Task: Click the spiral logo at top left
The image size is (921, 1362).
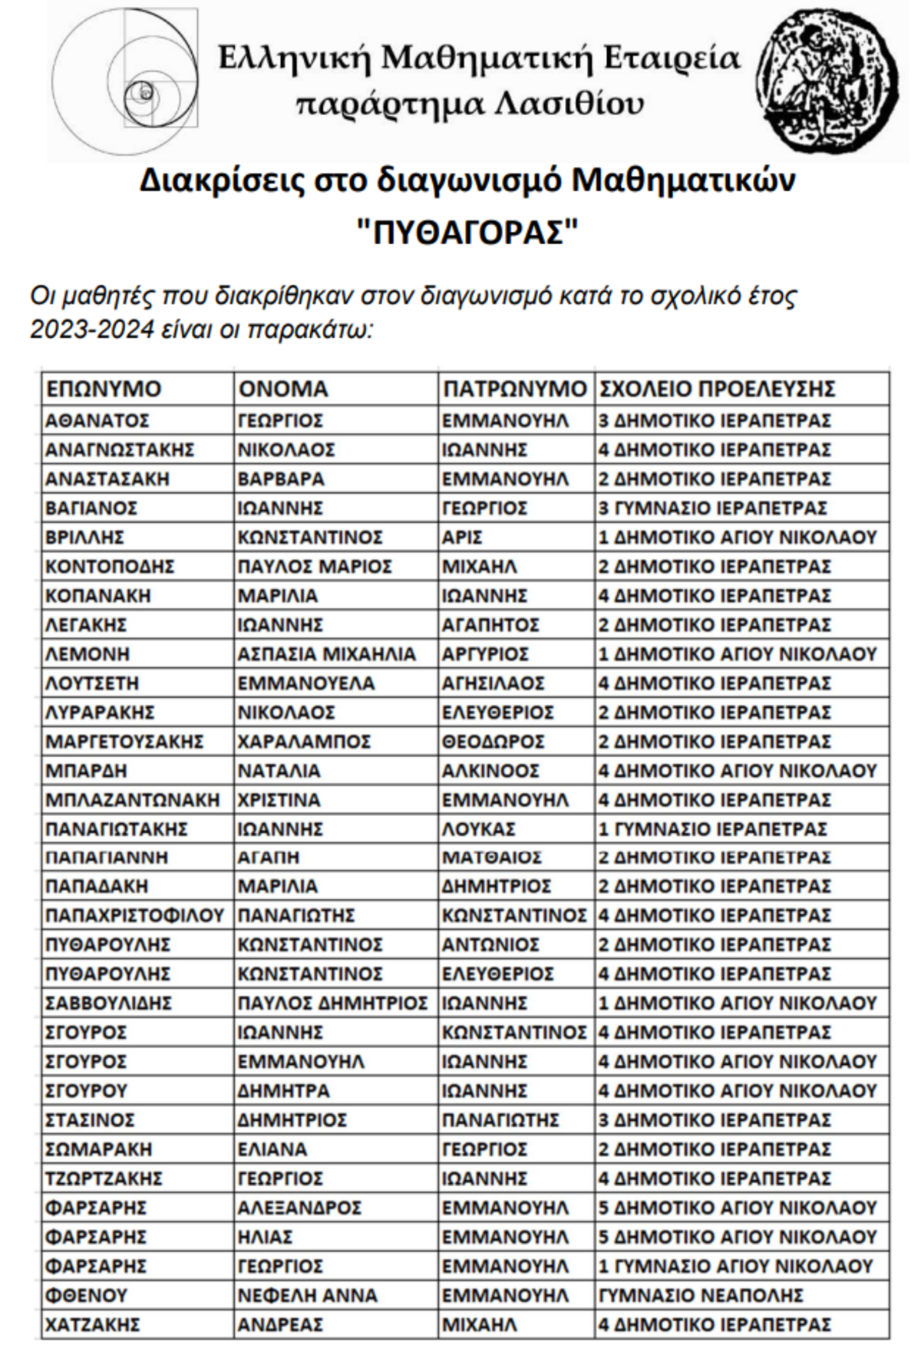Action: coord(125,81)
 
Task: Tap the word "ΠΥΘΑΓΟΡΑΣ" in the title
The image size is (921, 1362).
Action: coord(468,230)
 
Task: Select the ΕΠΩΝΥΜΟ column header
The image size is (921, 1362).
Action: coord(104,388)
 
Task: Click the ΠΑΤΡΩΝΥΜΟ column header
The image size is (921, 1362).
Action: coord(514,388)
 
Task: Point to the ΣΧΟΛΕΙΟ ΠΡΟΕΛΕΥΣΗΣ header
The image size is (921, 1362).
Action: coord(717,388)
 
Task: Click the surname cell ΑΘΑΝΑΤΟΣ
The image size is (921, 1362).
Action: coord(97,421)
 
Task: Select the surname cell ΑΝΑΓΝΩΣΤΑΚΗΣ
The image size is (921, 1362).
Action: coord(120,450)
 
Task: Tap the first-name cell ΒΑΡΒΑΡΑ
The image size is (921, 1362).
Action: coord(281,479)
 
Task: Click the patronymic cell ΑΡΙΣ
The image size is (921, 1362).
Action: coord(462,537)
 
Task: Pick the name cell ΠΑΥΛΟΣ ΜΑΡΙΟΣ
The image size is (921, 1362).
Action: coord(315,567)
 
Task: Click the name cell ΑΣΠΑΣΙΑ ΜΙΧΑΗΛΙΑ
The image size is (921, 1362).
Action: coord(326,654)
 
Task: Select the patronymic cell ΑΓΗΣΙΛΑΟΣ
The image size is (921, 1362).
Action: coord(493,683)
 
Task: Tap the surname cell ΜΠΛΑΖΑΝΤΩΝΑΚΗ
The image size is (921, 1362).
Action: coord(132,800)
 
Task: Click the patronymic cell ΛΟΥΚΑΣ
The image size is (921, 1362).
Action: coord(478,829)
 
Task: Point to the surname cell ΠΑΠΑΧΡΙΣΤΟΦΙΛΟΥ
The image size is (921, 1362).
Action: coord(134,915)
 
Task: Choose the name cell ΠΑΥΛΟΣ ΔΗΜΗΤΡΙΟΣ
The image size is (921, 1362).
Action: coord(332,1003)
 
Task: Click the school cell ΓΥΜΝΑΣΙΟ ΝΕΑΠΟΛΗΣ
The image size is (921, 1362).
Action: coord(700,1296)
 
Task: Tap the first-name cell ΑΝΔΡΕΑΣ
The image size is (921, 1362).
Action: coord(280,1325)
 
